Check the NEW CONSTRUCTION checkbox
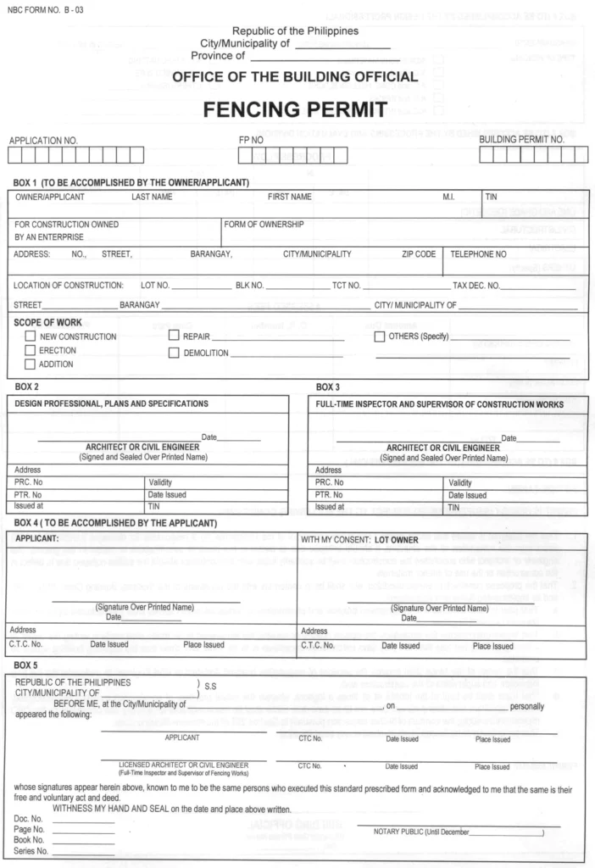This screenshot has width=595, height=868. tap(31, 337)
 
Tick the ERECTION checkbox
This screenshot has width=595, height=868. tap(31, 350)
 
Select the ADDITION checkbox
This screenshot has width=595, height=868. tap(31, 364)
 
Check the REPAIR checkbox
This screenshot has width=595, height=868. tap(174, 337)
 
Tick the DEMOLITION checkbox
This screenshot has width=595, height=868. tap(174, 353)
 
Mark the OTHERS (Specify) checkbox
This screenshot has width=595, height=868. tap(380, 337)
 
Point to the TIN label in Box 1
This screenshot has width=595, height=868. tap(491, 197)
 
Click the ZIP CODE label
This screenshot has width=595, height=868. tap(419, 253)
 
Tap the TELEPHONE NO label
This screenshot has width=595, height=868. tap(478, 253)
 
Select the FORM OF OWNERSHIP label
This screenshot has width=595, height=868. tap(264, 225)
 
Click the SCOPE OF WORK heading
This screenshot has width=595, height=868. tap(47, 323)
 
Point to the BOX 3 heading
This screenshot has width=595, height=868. tap(328, 387)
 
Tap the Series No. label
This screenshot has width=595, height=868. tap(29, 850)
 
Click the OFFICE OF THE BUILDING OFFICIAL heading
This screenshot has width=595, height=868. tap(294, 77)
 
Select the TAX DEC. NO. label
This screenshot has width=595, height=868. tap(476, 285)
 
